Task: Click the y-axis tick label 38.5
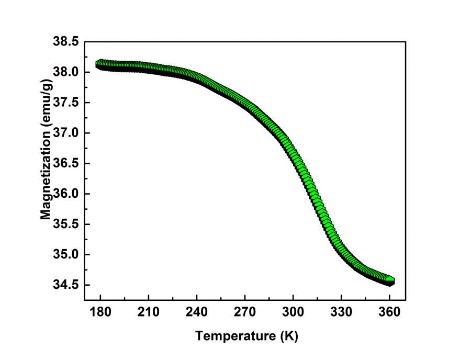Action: [66, 41]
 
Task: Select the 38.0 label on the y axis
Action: [66, 72]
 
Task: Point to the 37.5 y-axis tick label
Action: [66, 103]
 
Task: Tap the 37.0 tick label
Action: [66, 133]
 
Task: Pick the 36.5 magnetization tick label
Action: [66, 163]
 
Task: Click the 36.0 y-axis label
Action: [66, 194]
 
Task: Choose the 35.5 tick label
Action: [66, 224]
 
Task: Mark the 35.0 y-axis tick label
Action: [66, 255]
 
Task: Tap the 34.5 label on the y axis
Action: [66, 285]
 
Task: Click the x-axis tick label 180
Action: [100, 313]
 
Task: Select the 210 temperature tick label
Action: [149, 313]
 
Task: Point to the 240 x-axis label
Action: [197, 313]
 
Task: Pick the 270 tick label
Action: [245, 313]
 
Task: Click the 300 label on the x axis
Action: [293, 313]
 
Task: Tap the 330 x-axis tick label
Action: [341, 313]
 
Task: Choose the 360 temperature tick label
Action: [389, 313]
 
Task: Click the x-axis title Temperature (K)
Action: [246, 336]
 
